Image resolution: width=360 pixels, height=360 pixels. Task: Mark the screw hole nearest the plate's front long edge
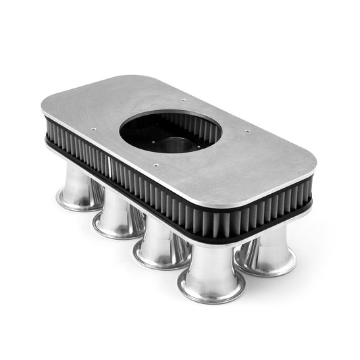(157, 163)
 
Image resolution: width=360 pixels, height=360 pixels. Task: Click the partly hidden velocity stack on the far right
(268, 250)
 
